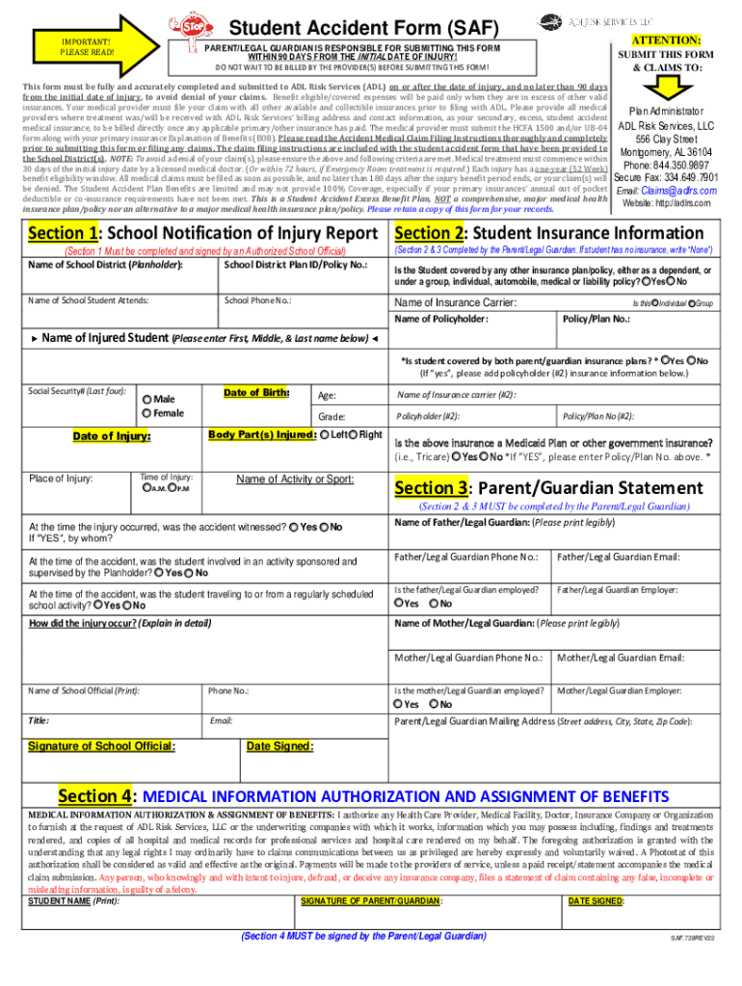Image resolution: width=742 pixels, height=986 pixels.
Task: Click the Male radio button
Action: [147, 400]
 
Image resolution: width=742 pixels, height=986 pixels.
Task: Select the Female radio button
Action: [147, 414]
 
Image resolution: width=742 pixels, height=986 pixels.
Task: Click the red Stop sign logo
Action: [180, 26]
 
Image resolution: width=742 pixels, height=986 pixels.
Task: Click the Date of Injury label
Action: [112, 437]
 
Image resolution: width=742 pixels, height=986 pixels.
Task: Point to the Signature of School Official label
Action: [101, 746]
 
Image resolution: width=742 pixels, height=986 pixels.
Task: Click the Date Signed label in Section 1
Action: [279, 746]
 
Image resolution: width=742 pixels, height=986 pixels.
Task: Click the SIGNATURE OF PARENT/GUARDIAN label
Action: [372, 873]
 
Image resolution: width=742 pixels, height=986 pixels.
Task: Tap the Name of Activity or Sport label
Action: [295, 480]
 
